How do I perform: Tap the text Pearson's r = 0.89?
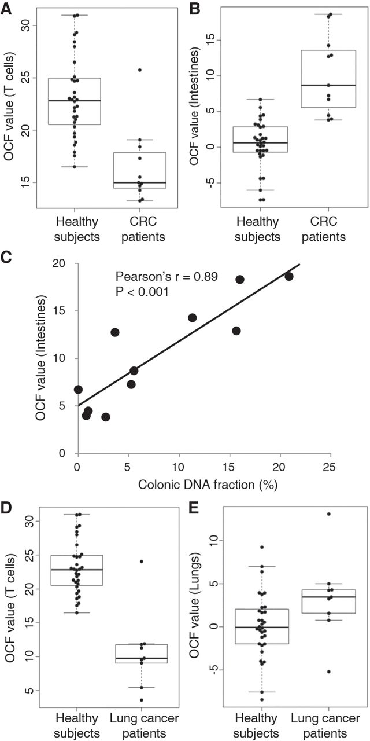click(x=166, y=277)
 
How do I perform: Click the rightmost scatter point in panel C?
click(x=289, y=277)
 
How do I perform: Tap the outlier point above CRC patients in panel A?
click(x=139, y=70)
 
